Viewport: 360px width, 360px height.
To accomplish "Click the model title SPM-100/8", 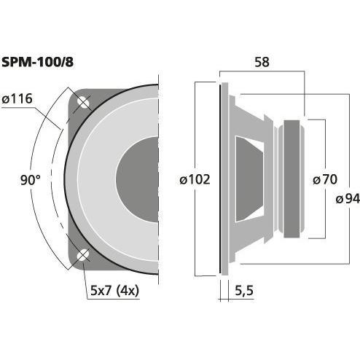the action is [x=37, y=62].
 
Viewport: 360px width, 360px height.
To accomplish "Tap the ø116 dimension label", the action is [x=17, y=99].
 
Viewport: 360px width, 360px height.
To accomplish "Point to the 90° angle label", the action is [x=31, y=180].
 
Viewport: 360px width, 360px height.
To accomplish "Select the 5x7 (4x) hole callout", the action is [x=114, y=290].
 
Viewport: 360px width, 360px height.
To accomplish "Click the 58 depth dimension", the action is [x=262, y=62].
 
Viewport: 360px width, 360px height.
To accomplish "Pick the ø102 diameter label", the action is [x=195, y=180].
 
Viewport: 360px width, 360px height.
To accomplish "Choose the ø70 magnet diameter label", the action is [x=325, y=179].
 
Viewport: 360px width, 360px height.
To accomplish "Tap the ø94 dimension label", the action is [x=348, y=199].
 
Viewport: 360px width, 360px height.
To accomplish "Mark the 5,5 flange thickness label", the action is [x=244, y=290].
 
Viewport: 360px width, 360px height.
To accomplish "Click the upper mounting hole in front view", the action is [x=83, y=102].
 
